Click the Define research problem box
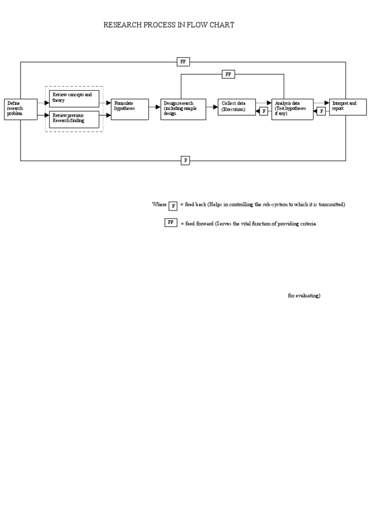[21, 109]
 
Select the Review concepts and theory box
[74, 98]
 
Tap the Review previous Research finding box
[74, 119]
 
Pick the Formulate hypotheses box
[130, 109]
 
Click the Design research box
[183, 109]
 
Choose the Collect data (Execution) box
[237, 107]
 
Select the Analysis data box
[293, 109]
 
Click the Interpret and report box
[347, 107]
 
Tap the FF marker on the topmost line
[183, 62]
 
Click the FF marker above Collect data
[229, 74]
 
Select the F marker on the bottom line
[185, 160]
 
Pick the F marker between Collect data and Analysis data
[264, 111]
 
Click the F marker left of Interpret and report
[321, 111]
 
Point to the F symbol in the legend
[173, 205]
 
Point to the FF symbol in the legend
[171, 222]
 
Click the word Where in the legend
[159, 204]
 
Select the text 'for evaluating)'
[304, 296]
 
